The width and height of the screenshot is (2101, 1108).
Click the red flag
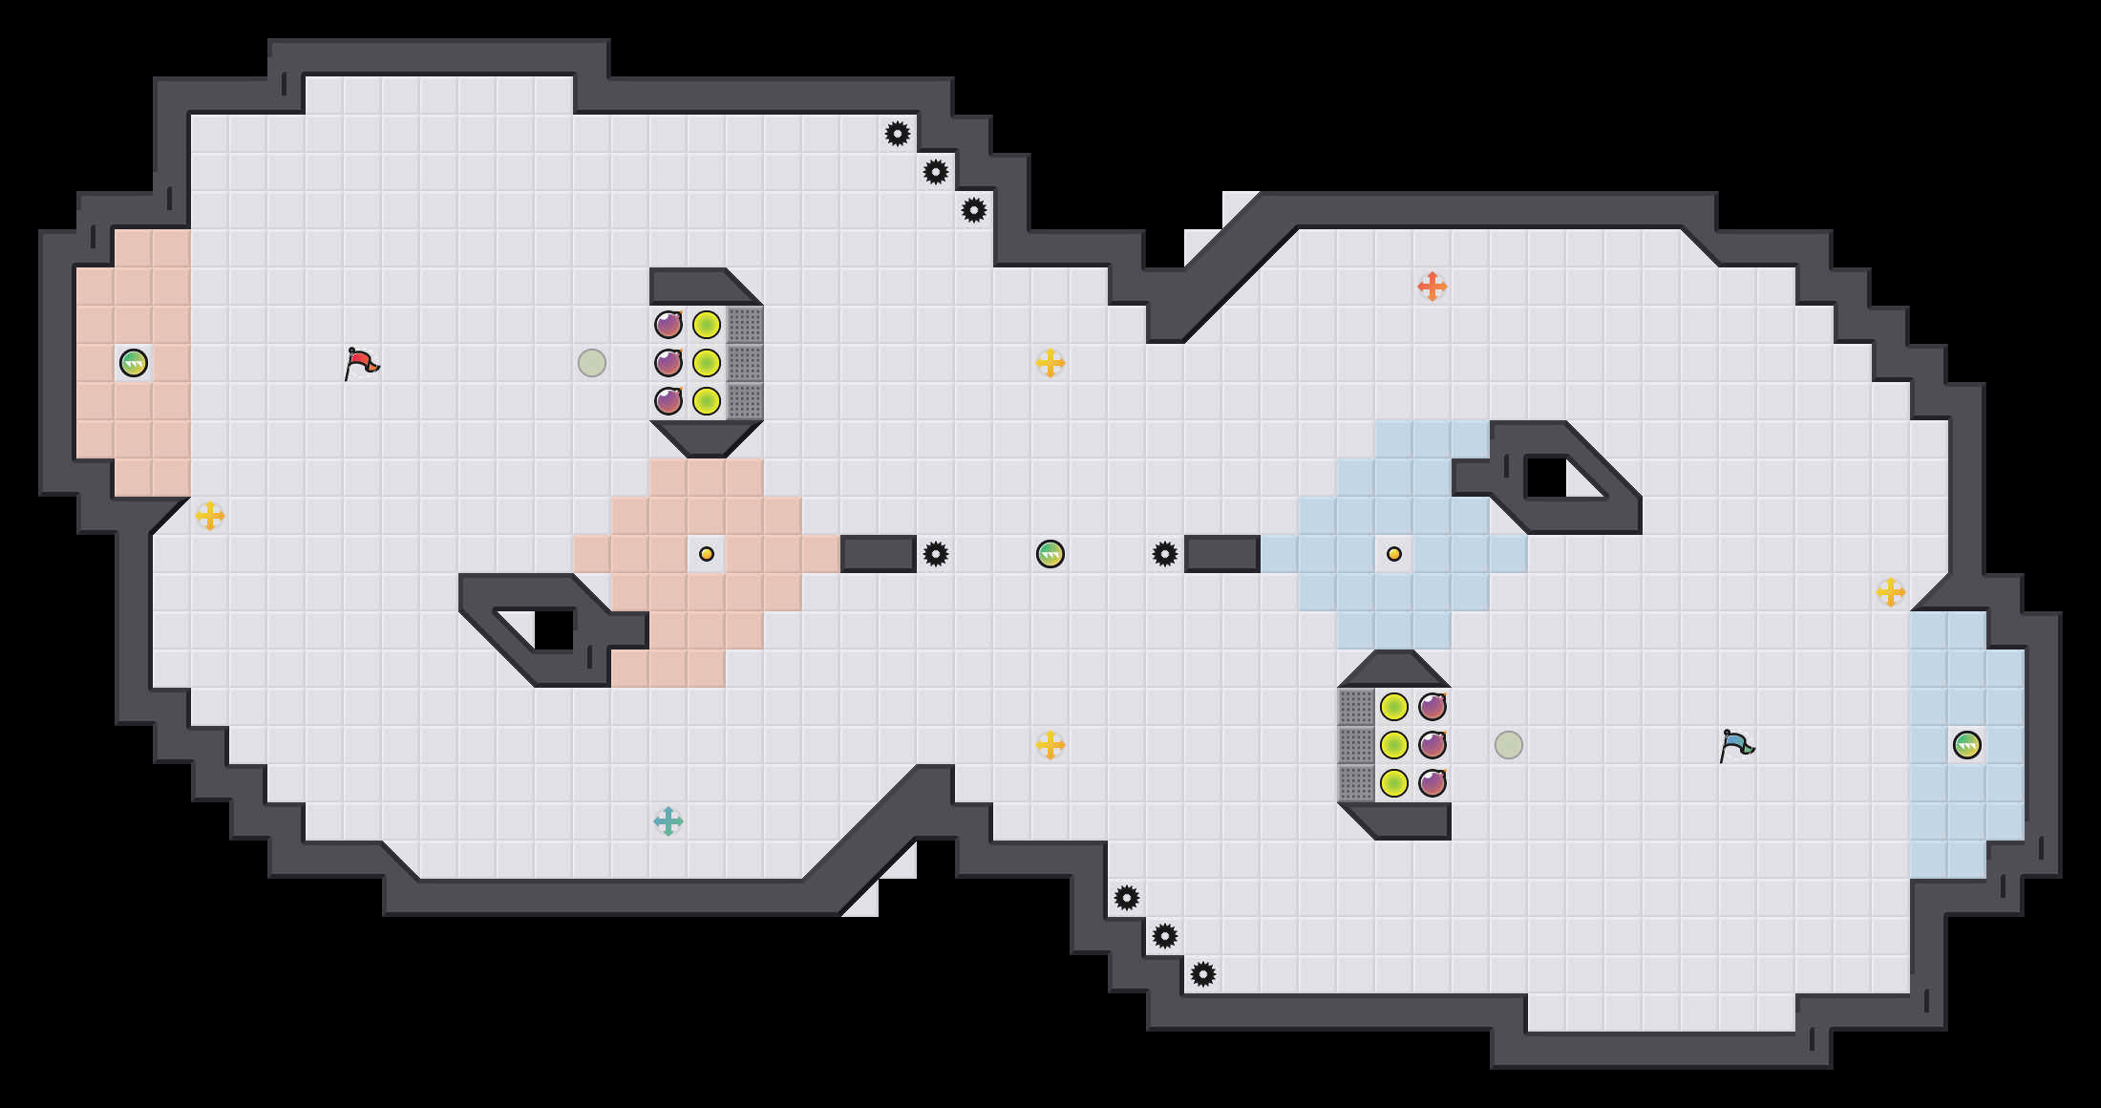[x=361, y=363]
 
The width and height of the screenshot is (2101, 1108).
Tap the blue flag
[x=1736, y=745]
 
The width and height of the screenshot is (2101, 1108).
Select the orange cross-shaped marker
[x=1432, y=287]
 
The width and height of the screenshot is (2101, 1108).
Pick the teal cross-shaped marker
[x=668, y=821]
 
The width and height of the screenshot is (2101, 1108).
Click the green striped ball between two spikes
[x=1050, y=554]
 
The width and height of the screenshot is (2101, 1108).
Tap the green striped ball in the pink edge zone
[x=134, y=363]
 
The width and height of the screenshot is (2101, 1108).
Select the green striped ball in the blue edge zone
[x=1967, y=745]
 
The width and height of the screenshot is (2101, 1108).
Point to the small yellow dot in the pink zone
[x=707, y=554]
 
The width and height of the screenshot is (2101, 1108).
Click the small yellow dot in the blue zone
[x=1394, y=554]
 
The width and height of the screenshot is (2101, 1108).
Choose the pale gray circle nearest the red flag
[x=592, y=363]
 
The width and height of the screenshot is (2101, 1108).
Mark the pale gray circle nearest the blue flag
[x=1509, y=745]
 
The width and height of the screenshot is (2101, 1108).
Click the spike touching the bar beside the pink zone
[x=936, y=554]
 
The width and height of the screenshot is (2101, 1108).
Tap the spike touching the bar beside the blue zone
[x=1165, y=554]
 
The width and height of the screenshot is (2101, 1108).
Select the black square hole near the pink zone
[x=554, y=630]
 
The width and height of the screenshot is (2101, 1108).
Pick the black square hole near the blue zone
[x=1547, y=478]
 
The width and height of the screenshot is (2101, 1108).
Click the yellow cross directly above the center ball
[x=1050, y=363]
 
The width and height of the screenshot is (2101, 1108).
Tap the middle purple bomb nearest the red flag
[x=668, y=363]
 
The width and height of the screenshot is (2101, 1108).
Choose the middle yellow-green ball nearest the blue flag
[x=1394, y=745]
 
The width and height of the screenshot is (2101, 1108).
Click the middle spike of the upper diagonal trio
[x=936, y=172]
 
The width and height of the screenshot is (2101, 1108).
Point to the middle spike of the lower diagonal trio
[x=1165, y=936]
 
